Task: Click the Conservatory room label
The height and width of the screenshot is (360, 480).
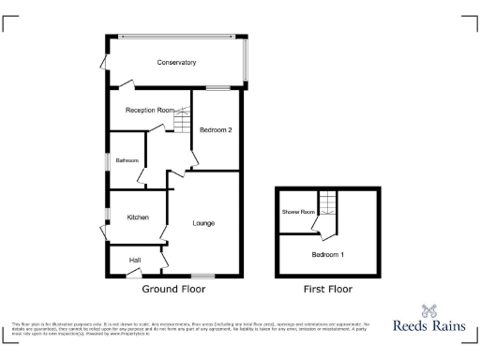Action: coord(176,63)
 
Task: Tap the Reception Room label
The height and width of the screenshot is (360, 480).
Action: coord(150,111)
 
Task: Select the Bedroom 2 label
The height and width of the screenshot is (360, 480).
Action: coord(216,129)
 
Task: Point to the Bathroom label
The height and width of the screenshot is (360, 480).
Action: coord(127,160)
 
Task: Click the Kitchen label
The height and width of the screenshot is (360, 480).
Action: coord(138,217)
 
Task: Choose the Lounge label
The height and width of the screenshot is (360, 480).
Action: coord(203,223)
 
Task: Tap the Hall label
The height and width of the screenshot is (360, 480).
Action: coord(135,259)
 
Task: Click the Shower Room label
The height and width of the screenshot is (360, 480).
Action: coord(298,212)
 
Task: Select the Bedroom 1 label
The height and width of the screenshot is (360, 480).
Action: coord(328,255)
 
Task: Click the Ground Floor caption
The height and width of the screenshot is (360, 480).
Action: coord(173,290)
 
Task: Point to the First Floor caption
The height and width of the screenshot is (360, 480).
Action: coord(328,290)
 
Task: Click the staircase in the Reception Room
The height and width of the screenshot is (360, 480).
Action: coord(182,120)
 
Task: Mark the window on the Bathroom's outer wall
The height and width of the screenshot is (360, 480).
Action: coord(107,160)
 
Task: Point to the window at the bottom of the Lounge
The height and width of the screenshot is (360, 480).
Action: coord(202,276)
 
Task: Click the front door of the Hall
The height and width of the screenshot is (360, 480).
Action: coord(133,274)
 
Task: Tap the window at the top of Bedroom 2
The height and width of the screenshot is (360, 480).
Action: coord(219,89)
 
